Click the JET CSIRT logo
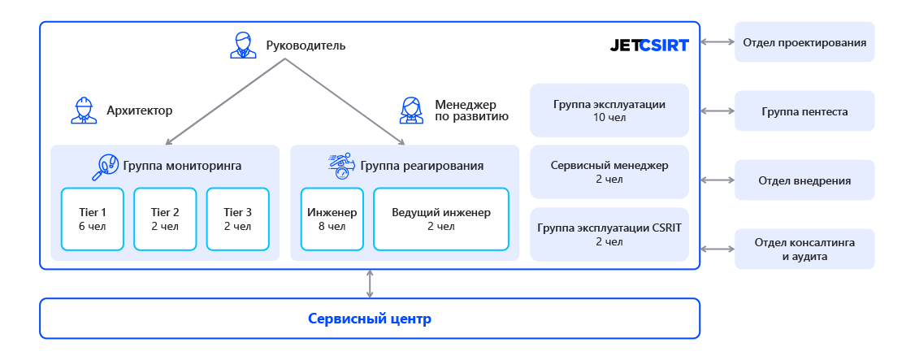pyautogui.click(x=648, y=46)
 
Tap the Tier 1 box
pyautogui.click(x=93, y=219)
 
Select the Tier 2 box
pyautogui.click(x=165, y=219)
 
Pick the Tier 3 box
pyautogui.click(x=237, y=219)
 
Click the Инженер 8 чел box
pyautogui.click(x=332, y=219)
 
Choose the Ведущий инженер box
pyautogui.click(x=440, y=219)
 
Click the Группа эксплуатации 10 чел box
pyautogui.click(x=609, y=110)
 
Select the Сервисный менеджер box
pyautogui.click(x=609, y=171)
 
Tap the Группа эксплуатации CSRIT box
pyautogui.click(x=609, y=234)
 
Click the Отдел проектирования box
pyautogui.click(x=804, y=42)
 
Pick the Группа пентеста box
pyautogui.click(x=804, y=111)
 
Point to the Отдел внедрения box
pyautogui.click(x=804, y=180)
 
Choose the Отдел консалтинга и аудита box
pyautogui.click(x=804, y=249)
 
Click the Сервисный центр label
pyautogui.click(x=370, y=319)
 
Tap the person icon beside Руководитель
pyautogui.click(x=243, y=45)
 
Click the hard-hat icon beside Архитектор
pyautogui.click(x=84, y=111)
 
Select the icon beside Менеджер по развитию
pyautogui.click(x=411, y=110)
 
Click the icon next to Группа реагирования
pyautogui.click(x=341, y=166)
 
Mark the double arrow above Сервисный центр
pyautogui.click(x=370, y=284)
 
